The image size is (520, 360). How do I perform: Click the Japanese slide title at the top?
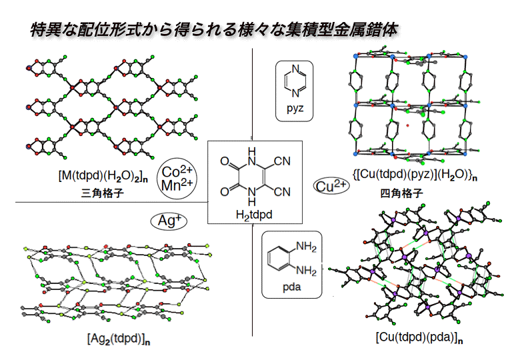(x=216, y=29)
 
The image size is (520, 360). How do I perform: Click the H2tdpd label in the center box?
(x=255, y=215)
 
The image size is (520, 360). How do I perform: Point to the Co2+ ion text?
(x=177, y=172)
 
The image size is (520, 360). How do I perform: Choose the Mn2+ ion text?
(x=177, y=185)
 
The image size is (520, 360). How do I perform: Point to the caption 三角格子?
(x=101, y=194)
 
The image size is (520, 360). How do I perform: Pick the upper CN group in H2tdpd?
(x=282, y=161)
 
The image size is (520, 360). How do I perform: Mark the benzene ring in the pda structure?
(x=278, y=261)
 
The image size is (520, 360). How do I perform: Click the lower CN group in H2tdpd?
(x=282, y=192)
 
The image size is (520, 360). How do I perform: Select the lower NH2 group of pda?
(x=305, y=270)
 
